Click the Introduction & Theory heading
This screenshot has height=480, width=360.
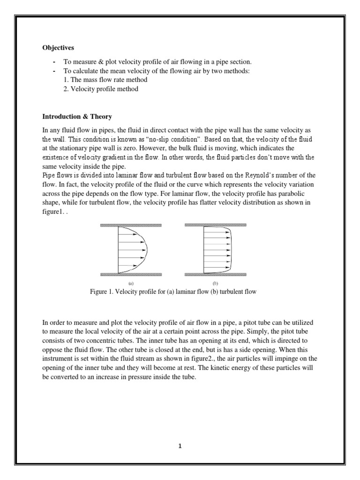coord(77,116)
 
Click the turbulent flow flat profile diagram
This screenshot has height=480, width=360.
coord(217,250)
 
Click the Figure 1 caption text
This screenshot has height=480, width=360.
coord(173,292)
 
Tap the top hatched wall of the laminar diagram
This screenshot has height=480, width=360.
coord(133,225)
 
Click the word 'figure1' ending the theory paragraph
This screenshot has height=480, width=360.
coord(52,211)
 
